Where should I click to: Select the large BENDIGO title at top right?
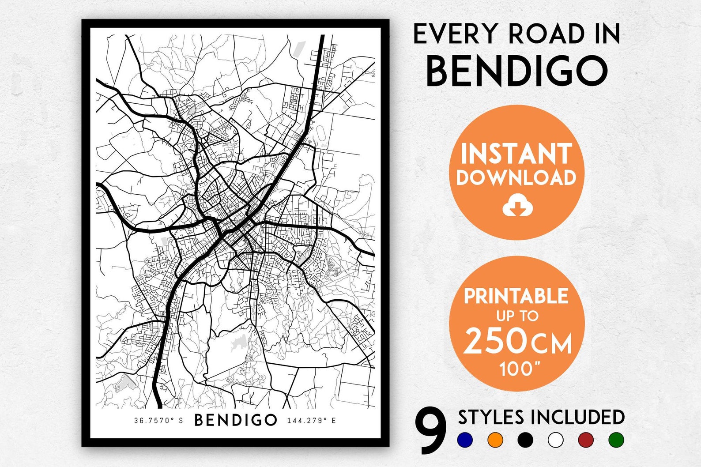[517, 71]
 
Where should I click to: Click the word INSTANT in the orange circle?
[516, 154]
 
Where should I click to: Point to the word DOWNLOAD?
[516, 177]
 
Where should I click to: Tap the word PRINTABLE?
[516, 296]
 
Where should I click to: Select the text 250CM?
[517, 342]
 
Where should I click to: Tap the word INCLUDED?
[577, 417]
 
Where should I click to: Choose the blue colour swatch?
[465, 440]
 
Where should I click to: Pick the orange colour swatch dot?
[495, 440]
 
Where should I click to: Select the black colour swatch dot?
[525, 440]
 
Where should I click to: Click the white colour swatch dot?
[555, 440]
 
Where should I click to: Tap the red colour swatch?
[586, 440]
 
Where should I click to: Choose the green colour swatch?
[616, 440]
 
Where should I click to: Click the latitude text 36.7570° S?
[158, 421]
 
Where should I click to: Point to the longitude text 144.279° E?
[311, 421]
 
